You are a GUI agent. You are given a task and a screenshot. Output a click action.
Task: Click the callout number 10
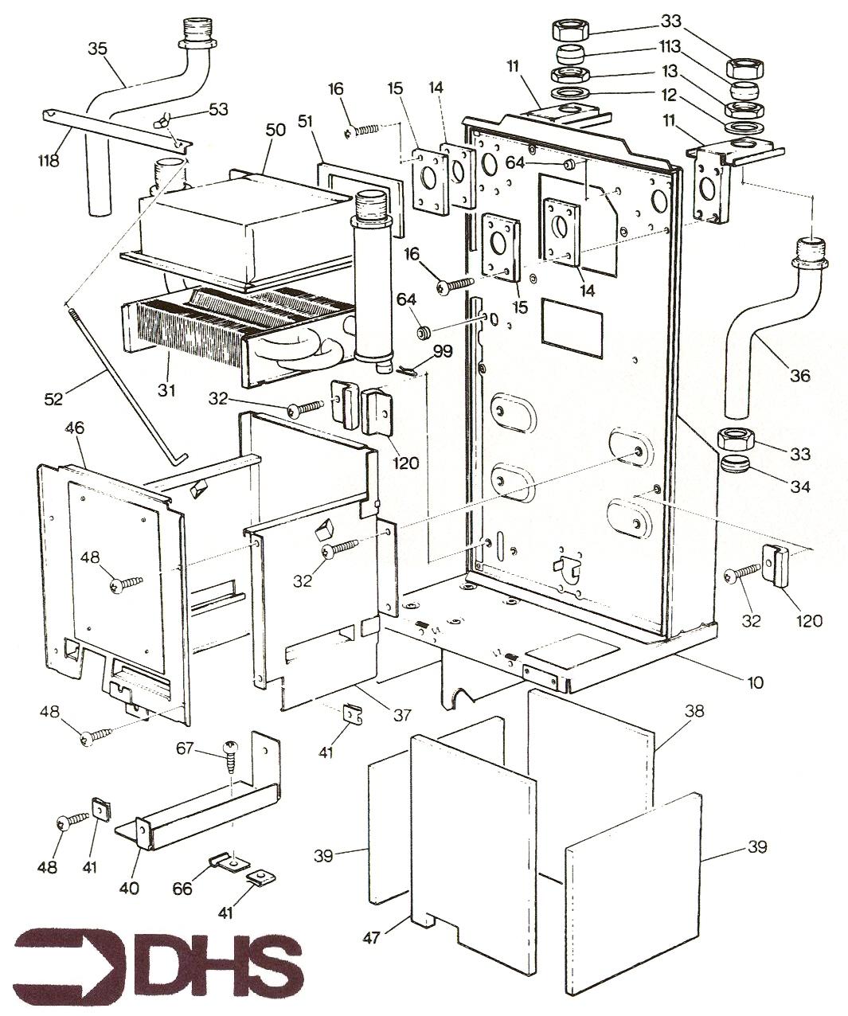754,682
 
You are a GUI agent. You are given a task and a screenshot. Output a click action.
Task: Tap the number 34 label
799,485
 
